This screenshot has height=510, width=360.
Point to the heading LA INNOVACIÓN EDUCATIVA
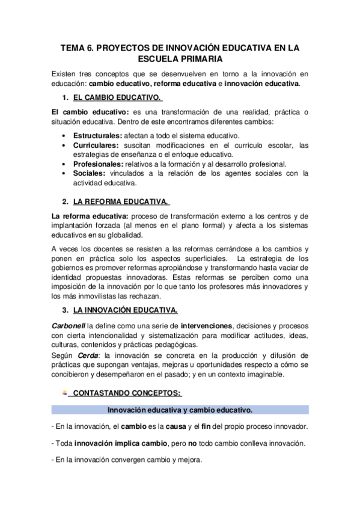[x=125, y=311]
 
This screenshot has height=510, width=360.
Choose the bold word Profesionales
[x=98, y=164]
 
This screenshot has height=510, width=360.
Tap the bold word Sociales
[x=88, y=173]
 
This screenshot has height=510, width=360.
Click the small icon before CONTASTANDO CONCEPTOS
[x=64, y=393]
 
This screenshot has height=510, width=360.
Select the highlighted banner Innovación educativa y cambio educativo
[x=180, y=410]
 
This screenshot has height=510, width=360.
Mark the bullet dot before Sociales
[x=64, y=173]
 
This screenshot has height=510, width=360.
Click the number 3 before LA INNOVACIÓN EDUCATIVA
[x=64, y=311]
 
